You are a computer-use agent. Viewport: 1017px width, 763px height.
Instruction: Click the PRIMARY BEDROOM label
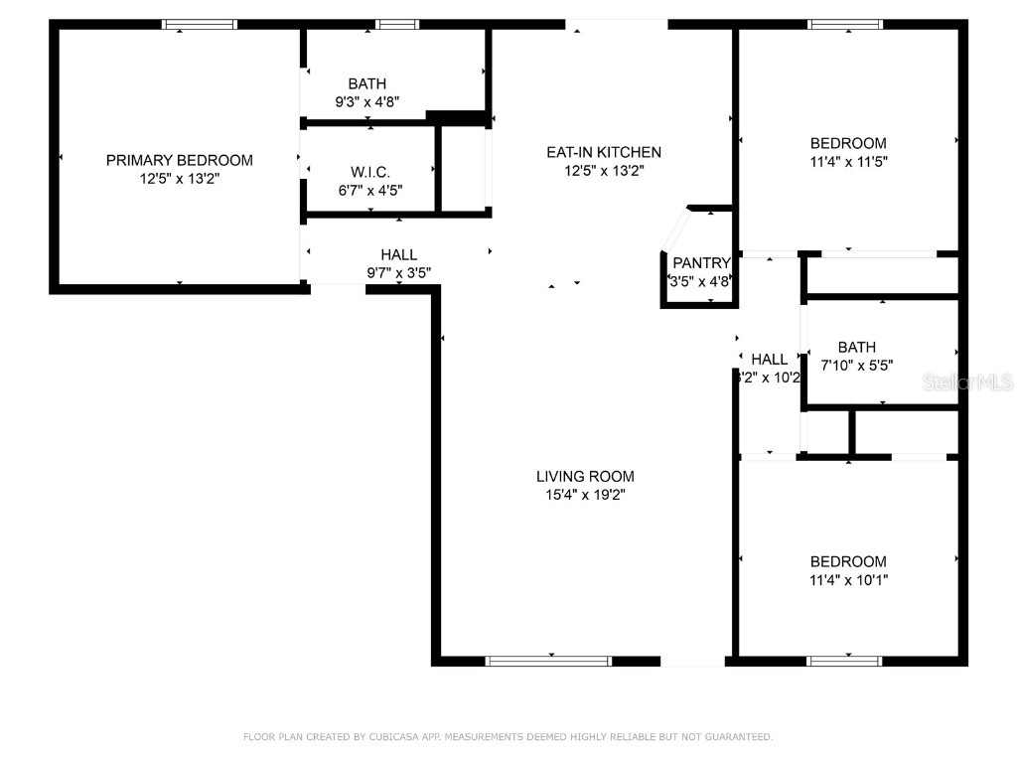pos(179,160)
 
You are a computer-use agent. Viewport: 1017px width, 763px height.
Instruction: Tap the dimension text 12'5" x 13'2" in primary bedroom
pos(179,180)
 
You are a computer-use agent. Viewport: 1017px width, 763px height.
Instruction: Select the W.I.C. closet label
pos(368,172)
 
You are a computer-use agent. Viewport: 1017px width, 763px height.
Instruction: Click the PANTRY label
pos(701,263)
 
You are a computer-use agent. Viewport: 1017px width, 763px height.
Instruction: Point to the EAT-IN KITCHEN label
pos(603,152)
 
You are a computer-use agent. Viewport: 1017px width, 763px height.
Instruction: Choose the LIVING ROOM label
pos(585,476)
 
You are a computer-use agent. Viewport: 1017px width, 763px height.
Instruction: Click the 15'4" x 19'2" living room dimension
pos(585,494)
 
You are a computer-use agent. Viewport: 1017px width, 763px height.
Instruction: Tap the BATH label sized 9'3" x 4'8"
pos(366,84)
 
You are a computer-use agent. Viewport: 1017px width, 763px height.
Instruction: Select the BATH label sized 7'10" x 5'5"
pos(856,347)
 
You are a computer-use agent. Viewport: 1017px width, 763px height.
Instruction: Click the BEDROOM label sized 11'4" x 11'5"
pos(847,143)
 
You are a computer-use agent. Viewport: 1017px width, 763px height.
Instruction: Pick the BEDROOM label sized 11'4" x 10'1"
pos(847,561)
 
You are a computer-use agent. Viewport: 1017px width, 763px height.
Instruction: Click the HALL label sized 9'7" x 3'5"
pos(398,255)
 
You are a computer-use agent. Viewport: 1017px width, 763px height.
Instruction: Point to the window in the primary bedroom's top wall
pos(200,25)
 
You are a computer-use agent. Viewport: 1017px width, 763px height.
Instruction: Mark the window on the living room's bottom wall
pos(548,661)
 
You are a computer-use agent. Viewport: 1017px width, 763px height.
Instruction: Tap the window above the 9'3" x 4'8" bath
pos(397,25)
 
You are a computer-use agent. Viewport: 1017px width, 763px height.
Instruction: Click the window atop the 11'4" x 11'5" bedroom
pos(845,25)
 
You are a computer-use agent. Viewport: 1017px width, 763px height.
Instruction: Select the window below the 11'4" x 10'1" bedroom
pos(845,661)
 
